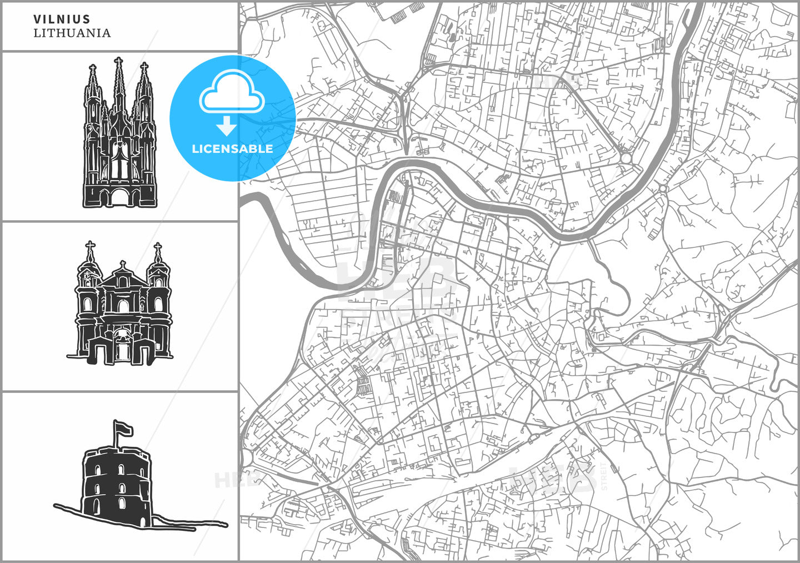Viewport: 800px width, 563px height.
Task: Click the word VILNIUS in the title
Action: [62, 19]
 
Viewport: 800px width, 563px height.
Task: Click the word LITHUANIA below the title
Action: [72, 33]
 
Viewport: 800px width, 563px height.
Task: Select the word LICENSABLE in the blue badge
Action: [232, 149]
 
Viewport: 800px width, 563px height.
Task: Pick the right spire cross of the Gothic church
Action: [144, 67]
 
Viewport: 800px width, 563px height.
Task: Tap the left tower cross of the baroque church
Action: [90, 246]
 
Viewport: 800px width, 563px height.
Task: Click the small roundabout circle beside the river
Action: [626, 158]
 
